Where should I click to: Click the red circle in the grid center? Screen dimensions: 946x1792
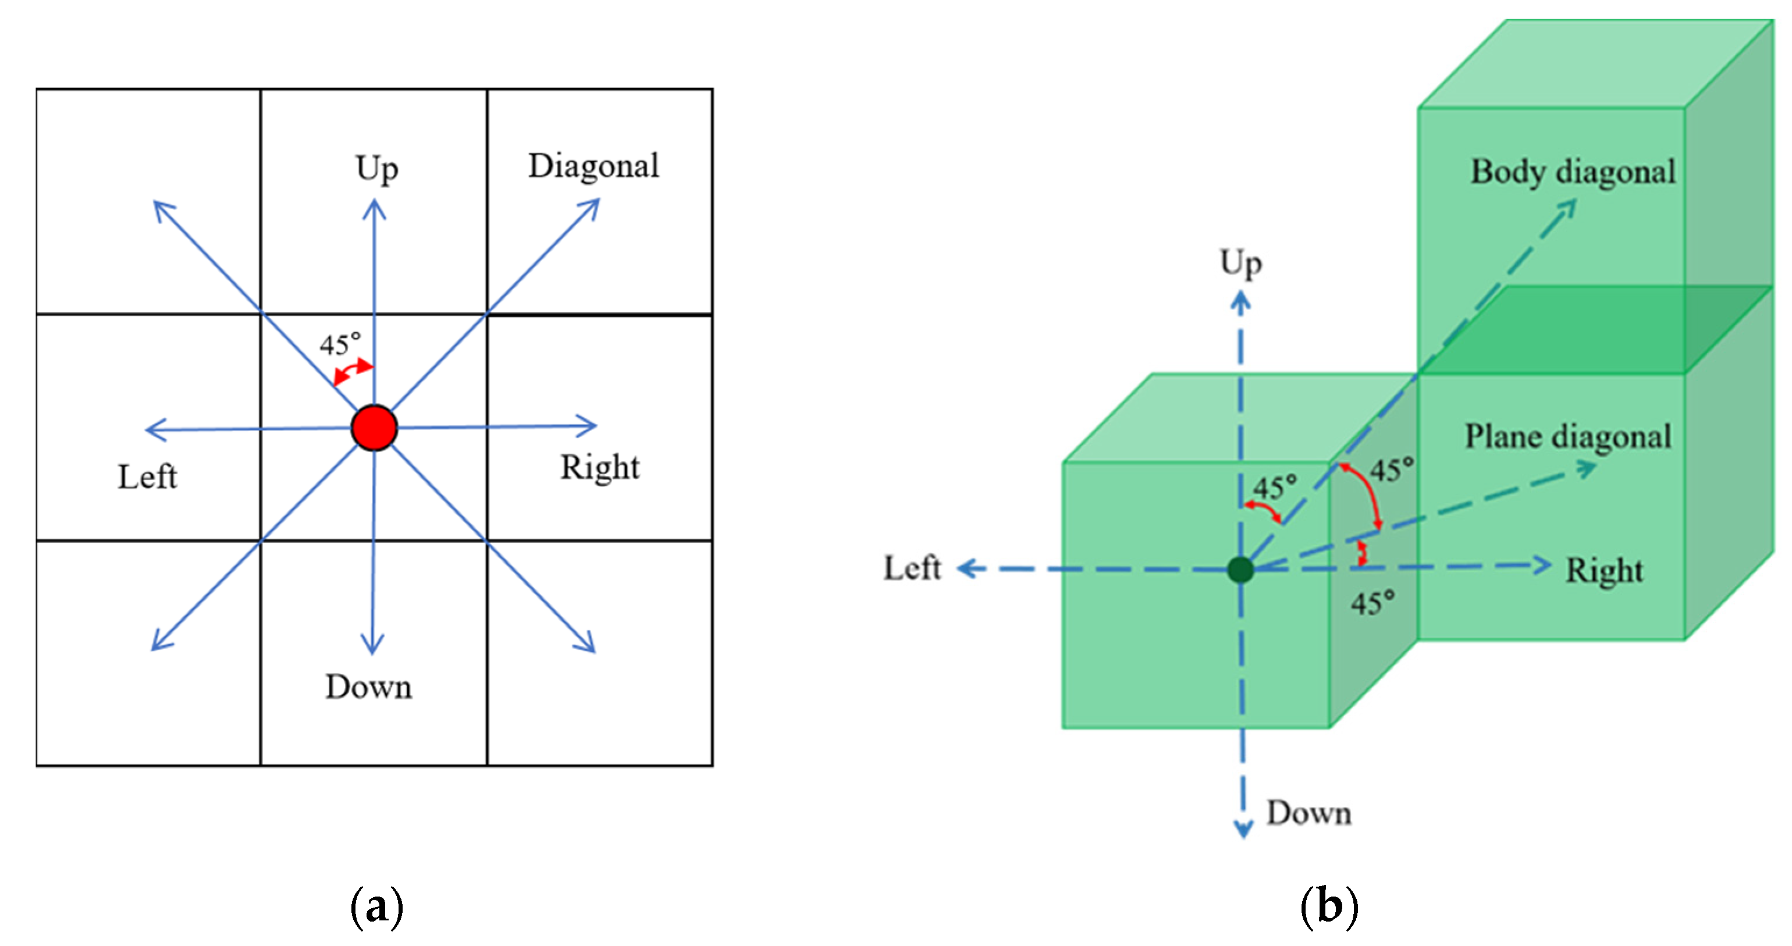click(374, 428)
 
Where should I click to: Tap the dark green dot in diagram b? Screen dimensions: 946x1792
click(1240, 569)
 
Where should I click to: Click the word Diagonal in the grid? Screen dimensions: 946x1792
click(593, 166)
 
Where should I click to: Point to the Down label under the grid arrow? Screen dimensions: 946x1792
click(369, 687)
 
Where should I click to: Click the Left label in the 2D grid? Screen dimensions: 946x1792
click(147, 477)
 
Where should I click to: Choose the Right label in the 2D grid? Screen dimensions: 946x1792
click(600, 467)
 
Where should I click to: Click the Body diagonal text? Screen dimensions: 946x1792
click(1572, 172)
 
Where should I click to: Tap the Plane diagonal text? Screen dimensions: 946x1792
click(1568, 437)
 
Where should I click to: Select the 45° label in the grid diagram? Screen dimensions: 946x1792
click(340, 344)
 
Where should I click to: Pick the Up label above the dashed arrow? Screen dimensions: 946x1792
click(1240, 264)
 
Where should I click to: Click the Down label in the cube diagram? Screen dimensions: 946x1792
click(1309, 813)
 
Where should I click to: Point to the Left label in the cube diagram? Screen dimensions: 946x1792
click(912, 568)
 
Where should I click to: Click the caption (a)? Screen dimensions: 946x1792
click(376, 907)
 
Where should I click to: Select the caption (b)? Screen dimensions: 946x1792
click(1329, 907)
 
